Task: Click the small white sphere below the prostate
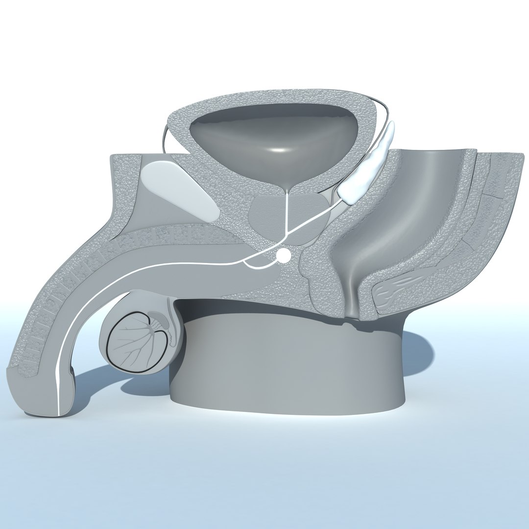click(x=283, y=255)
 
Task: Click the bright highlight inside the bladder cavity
click(x=278, y=149)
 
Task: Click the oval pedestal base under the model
click(x=289, y=372)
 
